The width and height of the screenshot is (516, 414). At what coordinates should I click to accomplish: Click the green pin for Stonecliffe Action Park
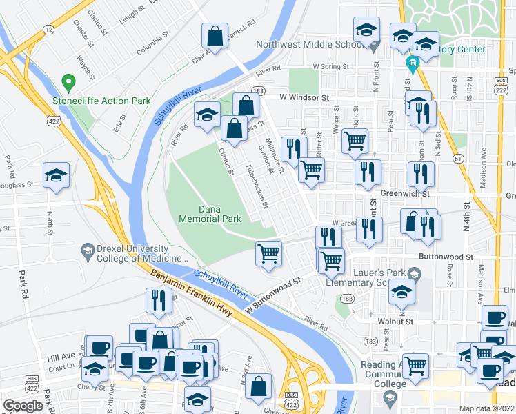click(68, 83)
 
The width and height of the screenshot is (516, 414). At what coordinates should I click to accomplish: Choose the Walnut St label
click(395, 321)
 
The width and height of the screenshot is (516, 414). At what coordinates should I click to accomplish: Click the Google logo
click(23, 406)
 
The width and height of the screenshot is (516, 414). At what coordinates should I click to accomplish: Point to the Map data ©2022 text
click(487, 408)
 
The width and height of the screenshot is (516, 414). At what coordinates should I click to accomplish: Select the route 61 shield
click(457, 158)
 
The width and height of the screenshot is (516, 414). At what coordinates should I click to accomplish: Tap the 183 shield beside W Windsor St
click(259, 90)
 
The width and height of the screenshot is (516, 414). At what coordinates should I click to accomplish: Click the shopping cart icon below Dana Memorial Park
click(268, 253)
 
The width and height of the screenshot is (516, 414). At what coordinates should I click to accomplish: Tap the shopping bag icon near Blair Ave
click(215, 37)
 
